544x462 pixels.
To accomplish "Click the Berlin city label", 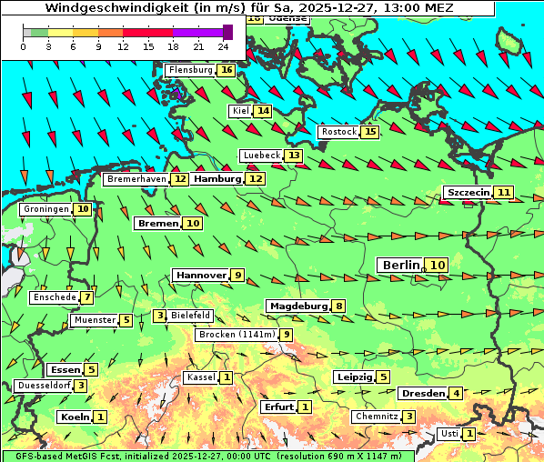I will pyautogui.click(x=400, y=265).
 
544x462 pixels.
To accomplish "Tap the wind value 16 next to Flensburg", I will pyautogui.click(x=226, y=70).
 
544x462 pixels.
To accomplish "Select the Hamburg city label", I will pyautogui.click(x=217, y=179).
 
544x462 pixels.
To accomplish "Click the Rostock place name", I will pyautogui.click(x=338, y=132).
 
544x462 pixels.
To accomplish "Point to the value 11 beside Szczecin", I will pyautogui.click(x=504, y=193).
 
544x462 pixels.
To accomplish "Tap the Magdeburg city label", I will pyautogui.click(x=297, y=306).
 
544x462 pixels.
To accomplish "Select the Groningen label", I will pyautogui.click(x=46, y=209).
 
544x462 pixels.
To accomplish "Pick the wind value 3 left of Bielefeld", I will pyautogui.click(x=160, y=316).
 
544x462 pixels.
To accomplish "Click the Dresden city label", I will pyautogui.click(x=422, y=394).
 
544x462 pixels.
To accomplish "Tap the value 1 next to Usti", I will pyautogui.click(x=468, y=434).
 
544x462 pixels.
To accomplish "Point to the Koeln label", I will pyautogui.click(x=74, y=417).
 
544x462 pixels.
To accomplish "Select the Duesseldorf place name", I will pyautogui.click(x=43, y=386).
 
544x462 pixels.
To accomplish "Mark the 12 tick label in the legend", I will pyautogui.click(x=122, y=46).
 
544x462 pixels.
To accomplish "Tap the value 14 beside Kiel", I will pyautogui.click(x=263, y=111).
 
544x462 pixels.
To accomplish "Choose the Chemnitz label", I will pyautogui.click(x=376, y=417).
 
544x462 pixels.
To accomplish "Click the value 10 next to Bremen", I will pyautogui.click(x=193, y=223).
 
